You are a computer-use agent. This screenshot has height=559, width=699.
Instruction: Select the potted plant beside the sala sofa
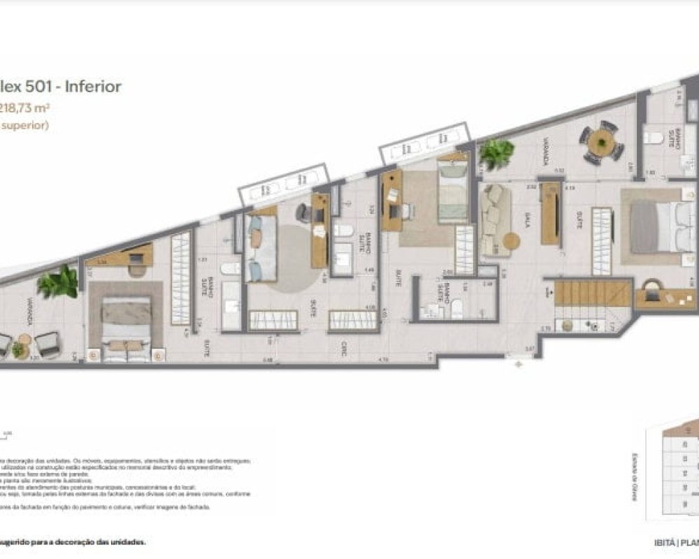[x=497, y=153]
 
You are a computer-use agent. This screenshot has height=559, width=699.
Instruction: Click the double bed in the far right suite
[x=654, y=226]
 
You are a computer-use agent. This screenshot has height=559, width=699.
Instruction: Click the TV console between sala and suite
[x=550, y=213]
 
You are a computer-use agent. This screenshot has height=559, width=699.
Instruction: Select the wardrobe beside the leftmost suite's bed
[x=180, y=279]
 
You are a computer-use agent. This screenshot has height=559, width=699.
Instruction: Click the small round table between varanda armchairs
[x=24, y=341]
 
